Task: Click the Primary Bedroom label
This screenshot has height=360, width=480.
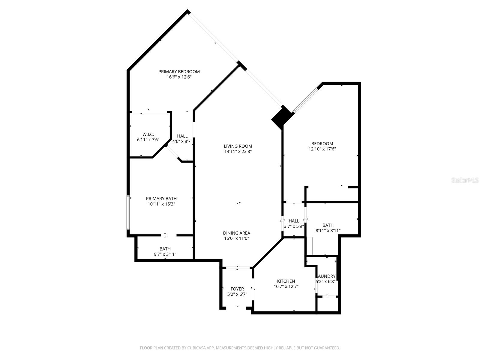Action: click(179, 71)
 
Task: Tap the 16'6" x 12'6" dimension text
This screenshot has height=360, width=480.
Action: click(179, 77)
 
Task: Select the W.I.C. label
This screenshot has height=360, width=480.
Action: click(148, 134)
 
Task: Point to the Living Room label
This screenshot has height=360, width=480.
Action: click(238, 146)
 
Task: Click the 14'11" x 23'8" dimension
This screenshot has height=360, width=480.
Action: click(238, 151)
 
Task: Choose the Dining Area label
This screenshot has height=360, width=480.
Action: click(236, 233)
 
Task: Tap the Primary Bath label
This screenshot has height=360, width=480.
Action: click(161, 198)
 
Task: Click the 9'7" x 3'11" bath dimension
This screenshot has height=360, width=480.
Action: click(165, 254)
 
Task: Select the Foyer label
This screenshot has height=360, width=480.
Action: click(237, 289)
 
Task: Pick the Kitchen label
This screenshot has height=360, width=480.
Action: click(286, 281)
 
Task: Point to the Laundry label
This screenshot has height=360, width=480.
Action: click(326, 276)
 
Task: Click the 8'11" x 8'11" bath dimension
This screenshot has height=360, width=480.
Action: click(328, 231)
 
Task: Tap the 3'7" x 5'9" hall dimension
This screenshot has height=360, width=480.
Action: click(294, 226)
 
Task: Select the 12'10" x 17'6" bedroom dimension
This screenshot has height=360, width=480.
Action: click(322, 149)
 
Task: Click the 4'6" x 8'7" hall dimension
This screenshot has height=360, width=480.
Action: click(182, 141)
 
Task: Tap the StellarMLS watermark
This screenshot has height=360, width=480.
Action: click(465, 180)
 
